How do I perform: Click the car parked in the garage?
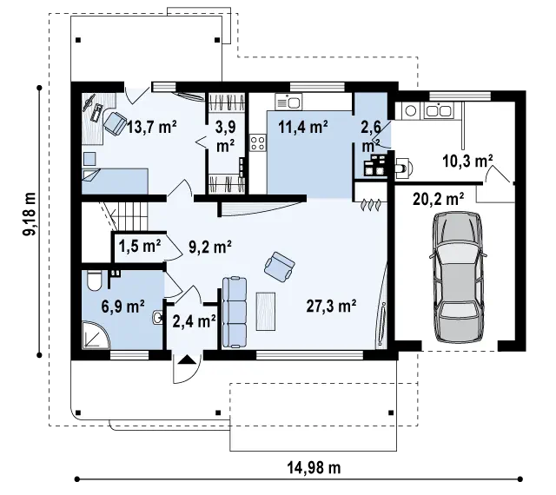coord(458,276)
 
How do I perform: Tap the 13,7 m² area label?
coord(152,127)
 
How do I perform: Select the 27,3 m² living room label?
coord(331,306)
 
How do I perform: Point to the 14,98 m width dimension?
coord(314,468)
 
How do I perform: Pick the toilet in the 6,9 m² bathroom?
coord(95,280)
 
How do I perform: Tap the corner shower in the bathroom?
coord(96,335)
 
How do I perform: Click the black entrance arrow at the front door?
coord(187,360)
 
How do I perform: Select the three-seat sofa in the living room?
coord(235,313)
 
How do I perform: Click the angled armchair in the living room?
coord(280,267)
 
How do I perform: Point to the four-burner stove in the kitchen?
coord(258,143)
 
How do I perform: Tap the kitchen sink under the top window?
coord(288,102)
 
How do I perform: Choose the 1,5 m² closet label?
coord(140,246)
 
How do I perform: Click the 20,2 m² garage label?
coord(439,199)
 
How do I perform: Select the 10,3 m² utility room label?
coord(467,161)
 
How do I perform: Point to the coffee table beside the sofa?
coord(266,311)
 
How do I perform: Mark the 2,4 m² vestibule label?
coord(195,321)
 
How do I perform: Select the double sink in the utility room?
coord(438,110)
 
